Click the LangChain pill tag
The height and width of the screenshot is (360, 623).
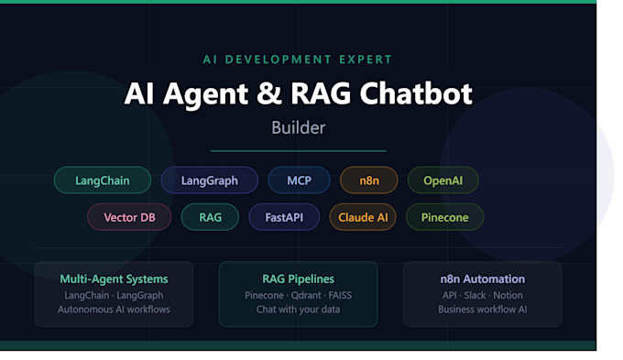(x=103, y=180)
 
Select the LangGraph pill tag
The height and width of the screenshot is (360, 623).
(x=210, y=180)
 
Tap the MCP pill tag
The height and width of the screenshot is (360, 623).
(x=300, y=180)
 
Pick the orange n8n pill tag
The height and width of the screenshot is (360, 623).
(x=369, y=180)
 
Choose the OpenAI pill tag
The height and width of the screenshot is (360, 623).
(x=443, y=180)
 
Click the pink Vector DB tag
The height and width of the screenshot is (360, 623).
(x=129, y=217)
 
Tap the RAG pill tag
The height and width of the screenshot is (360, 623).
(x=210, y=217)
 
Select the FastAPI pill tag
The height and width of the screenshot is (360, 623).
(x=284, y=217)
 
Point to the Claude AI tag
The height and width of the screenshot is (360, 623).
(x=363, y=217)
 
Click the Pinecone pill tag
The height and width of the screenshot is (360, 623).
(x=444, y=217)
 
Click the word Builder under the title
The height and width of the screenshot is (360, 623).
(x=299, y=127)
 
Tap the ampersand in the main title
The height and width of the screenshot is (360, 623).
(x=269, y=93)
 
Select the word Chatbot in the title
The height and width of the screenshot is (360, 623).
(x=416, y=93)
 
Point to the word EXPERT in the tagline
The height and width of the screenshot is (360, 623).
(x=366, y=60)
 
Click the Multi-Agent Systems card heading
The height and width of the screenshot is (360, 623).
(x=114, y=279)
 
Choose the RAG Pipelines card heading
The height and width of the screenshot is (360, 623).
(x=299, y=279)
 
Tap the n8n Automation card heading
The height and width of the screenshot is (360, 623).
(x=483, y=279)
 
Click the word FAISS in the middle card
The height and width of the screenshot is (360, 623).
(x=340, y=295)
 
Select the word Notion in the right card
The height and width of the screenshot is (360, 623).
(x=508, y=295)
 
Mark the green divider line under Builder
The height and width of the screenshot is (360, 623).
(x=298, y=151)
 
